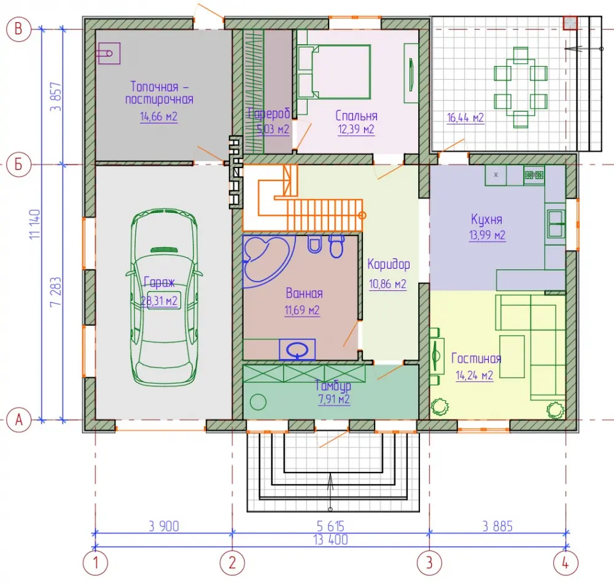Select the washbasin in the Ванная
(x=297, y=349)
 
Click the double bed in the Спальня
(x=333, y=72)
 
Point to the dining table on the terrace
(x=521, y=87)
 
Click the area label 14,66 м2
(x=158, y=117)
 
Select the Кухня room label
(x=486, y=220)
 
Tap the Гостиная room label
(x=476, y=358)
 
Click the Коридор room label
(x=389, y=265)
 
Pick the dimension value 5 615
(x=330, y=526)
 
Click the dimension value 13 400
(x=330, y=539)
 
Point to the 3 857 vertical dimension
(x=56, y=96)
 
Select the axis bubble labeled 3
(x=429, y=563)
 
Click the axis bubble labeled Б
(x=18, y=164)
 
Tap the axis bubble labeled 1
(x=95, y=563)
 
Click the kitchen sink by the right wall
(x=556, y=224)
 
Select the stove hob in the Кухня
(x=534, y=175)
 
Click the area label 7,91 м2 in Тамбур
(x=333, y=400)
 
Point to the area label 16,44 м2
(x=465, y=117)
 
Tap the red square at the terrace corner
(x=570, y=23)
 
